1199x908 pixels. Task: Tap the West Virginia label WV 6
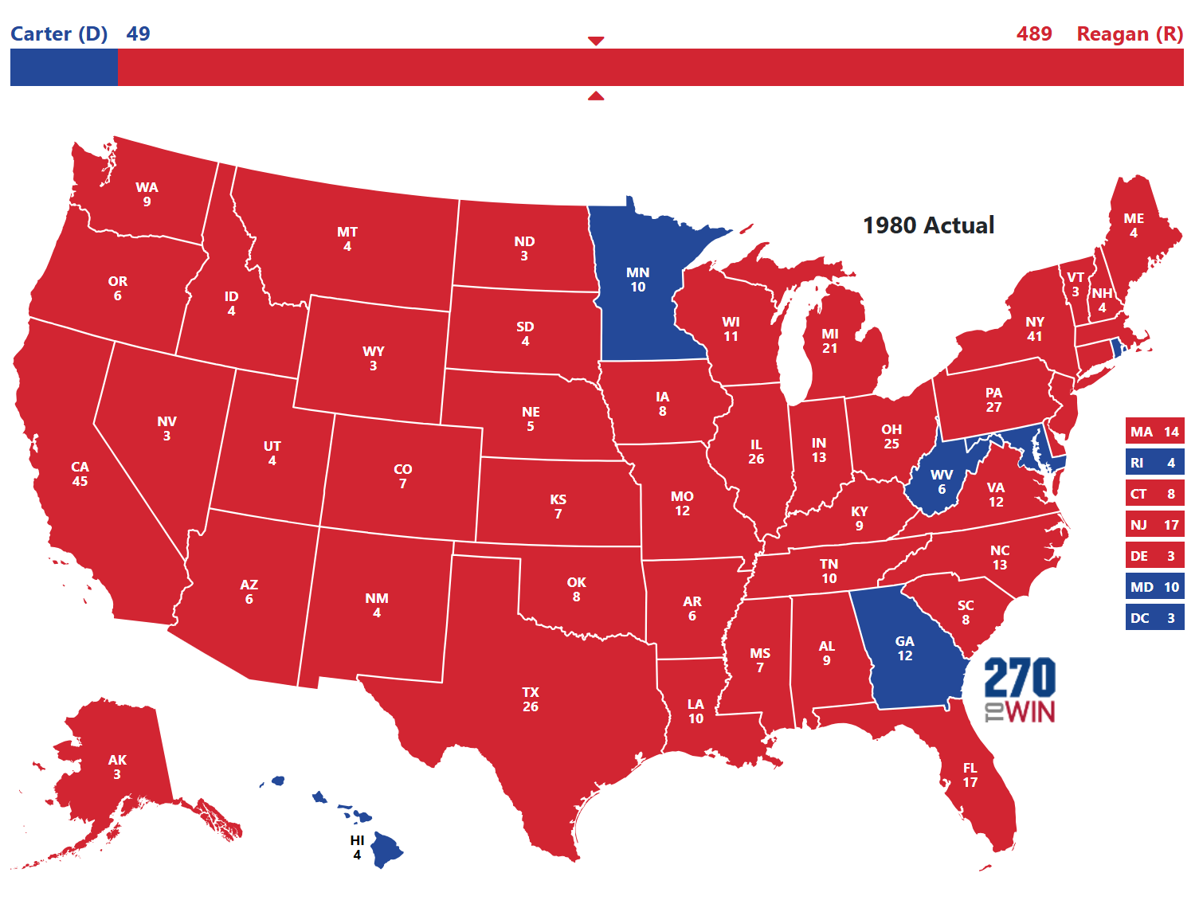pos(941,482)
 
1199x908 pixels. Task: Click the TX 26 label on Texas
pos(531,699)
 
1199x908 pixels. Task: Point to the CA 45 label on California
pos(80,474)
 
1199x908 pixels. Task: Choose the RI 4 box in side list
pos(1154,463)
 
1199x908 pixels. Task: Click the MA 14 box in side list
pos(1154,432)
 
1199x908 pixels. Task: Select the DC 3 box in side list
pos(1154,618)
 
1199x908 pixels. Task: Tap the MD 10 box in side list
pos(1154,587)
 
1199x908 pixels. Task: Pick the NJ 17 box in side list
pos(1154,525)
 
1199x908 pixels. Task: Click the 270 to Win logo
pos(1020,690)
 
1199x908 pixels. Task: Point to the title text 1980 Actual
pos(928,225)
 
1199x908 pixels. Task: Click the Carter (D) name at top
pos(59,34)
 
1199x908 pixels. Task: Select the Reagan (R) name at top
pos(1129,34)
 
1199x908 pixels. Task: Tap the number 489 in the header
pos(1034,34)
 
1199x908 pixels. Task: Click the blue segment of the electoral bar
pos(64,67)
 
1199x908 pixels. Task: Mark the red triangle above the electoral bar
pos(596,41)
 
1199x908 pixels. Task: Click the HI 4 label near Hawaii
pos(357,847)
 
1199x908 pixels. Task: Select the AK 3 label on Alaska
pos(117,767)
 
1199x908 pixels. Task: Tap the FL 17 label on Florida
pos(970,775)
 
